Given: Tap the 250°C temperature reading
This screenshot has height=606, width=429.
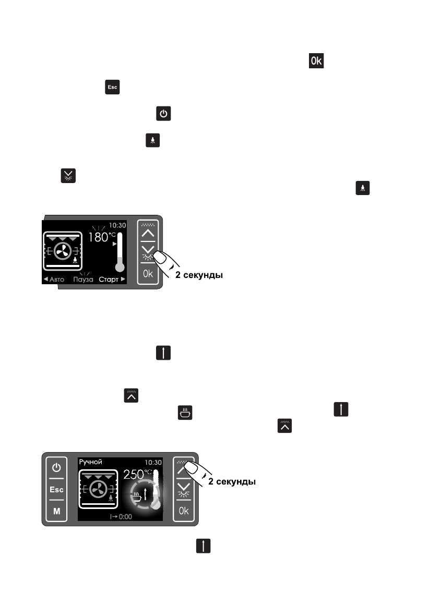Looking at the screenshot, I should pos(137,475).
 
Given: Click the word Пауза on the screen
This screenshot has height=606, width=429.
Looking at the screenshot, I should pos(83,280).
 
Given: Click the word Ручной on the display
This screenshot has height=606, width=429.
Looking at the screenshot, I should pos(90,462).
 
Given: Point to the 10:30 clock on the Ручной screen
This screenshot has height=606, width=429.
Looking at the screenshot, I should pos(152,462).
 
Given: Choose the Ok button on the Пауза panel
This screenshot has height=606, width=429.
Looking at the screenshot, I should pos(148,273).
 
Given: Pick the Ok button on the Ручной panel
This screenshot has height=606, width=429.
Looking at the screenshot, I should pos(184,511).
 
